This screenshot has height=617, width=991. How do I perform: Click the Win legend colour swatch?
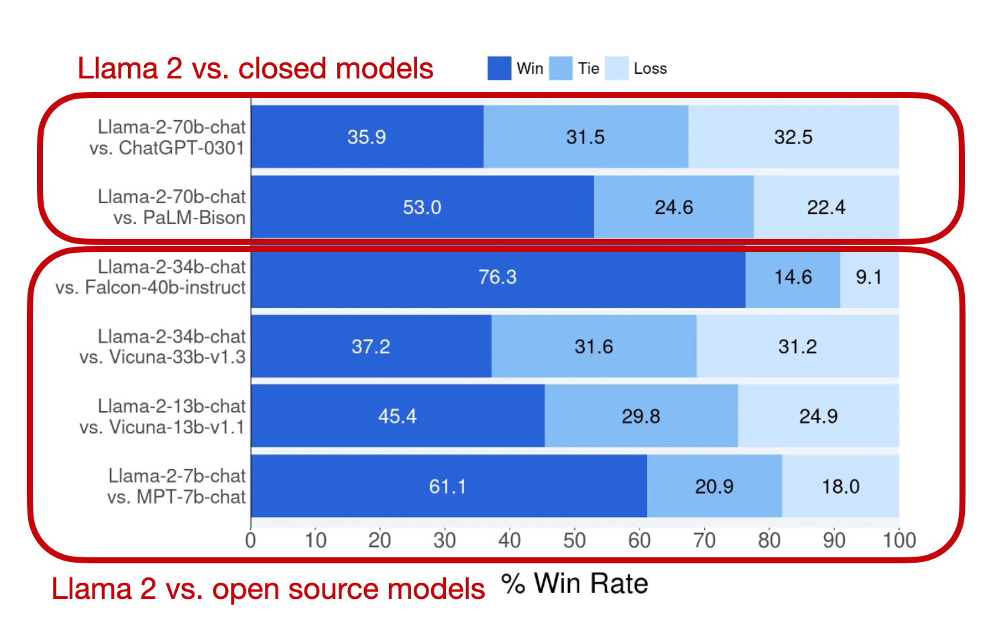499,68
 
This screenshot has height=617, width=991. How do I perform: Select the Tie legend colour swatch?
560,68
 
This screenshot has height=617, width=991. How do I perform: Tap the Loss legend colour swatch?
616,68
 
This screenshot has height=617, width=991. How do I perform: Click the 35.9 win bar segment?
367,137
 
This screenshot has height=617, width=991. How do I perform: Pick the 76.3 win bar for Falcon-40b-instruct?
498,277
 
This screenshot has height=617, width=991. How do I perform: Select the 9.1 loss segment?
869,277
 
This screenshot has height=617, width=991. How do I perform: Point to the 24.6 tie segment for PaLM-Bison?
674,207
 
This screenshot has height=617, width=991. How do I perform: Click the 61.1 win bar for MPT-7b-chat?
448,486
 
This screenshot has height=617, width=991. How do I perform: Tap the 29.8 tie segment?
641,416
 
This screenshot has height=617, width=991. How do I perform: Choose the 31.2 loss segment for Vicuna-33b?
797,347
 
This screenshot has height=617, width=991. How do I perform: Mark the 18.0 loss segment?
840,486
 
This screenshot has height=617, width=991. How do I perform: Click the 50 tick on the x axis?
575,541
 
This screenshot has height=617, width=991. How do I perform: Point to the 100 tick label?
898,541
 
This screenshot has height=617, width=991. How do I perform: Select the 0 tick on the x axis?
251,541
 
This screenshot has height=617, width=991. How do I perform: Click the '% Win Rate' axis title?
575,583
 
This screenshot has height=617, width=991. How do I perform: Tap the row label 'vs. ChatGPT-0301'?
167,148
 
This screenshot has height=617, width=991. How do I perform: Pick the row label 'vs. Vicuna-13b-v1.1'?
162,427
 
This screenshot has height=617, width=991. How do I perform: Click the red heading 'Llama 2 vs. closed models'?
255,68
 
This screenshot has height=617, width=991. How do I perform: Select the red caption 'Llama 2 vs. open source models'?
268,590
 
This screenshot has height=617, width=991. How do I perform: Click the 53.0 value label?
422,207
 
